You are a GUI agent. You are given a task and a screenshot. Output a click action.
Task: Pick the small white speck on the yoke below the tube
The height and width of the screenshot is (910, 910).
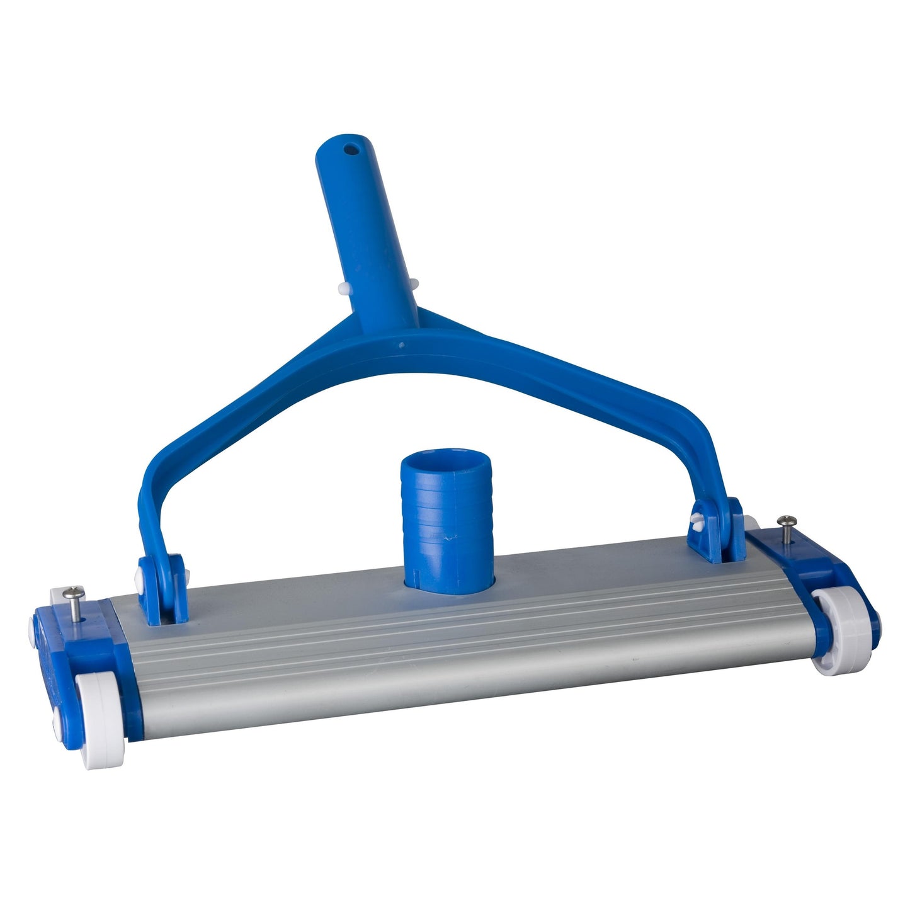click(x=401, y=344)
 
